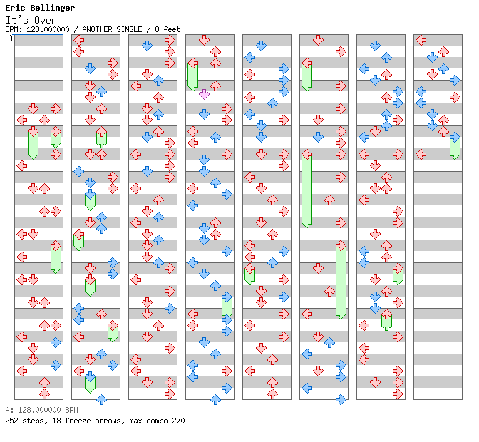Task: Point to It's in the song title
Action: click(x=17, y=20)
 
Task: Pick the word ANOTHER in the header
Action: click(x=97, y=29)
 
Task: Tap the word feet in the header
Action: click(x=172, y=29)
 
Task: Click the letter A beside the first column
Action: click(x=11, y=38)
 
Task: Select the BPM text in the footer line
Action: click(x=71, y=410)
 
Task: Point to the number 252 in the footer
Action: click(x=11, y=421)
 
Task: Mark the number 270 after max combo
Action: click(x=178, y=421)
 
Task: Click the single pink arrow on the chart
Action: click(x=204, y=94)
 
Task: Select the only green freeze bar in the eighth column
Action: click(x=455, y=148)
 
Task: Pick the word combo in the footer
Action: click(x=157, y=421)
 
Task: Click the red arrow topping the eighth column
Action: click(x=421, y=40)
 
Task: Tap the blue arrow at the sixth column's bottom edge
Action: click(x=341, y=399)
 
